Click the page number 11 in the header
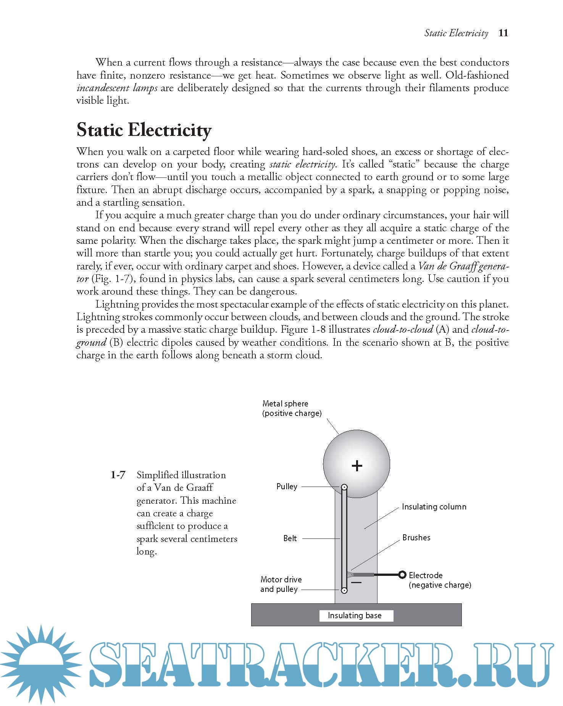tap(503, 33)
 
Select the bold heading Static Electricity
tap(144, 130)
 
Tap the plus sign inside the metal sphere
tap(357, 466)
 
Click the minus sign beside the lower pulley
tap(356, 583)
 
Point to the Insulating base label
tap(355, 616)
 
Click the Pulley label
tap(287, 487)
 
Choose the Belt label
tap(290, 538)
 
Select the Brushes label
tap(416, 538)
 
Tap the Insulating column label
tap(434, 507)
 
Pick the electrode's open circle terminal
tap(402, 574)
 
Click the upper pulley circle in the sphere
tap(344, 487)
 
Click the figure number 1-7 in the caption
tap(118, 475)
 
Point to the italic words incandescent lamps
tap(117, 88)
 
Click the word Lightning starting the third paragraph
tap(117, 305)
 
